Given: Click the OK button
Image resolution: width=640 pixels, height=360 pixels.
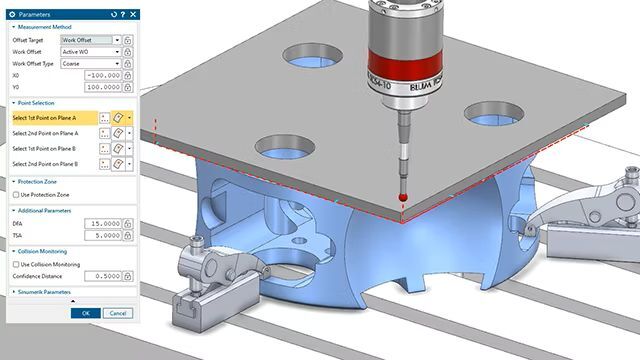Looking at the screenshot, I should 86,313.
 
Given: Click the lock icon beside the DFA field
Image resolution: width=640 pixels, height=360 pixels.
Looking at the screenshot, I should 128,224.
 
